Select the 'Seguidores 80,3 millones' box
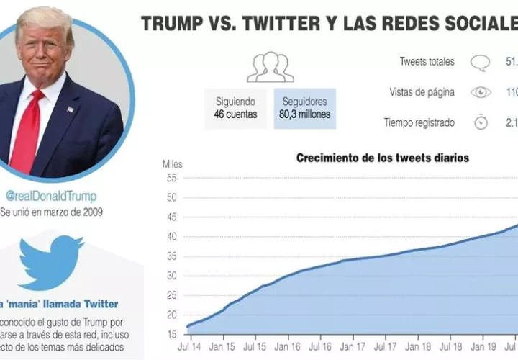[x=304, y=108]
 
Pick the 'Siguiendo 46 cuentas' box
[x=235, y=108]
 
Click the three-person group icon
[x=271, y=67]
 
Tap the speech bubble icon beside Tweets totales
[x=480, y=62]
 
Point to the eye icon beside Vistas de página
[x=480, y=92]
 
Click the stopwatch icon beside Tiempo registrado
[x=480, y=122]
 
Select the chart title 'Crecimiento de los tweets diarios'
[x=383, y=158]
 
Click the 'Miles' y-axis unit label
[x=173, y=165]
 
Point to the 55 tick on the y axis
[x=171, y=178]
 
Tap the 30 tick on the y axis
[x=171, y=276]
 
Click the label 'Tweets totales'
[x=427, y=62]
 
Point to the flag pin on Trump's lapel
[x=70, y=110]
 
